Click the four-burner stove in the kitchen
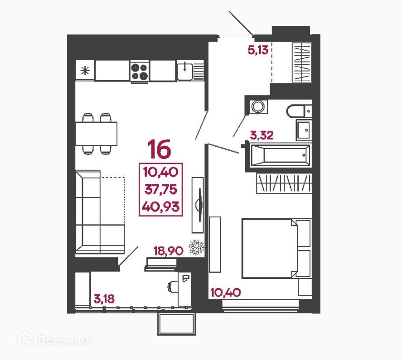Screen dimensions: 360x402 click(x=140, y=71)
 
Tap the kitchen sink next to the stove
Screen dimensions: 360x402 click(x=185, y=70)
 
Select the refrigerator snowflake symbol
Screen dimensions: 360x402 click(x=84, y=70)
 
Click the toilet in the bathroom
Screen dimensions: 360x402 click(x=299, y=110)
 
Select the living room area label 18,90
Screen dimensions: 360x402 click(x=168, y=250)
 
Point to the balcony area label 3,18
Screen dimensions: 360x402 click(x=105, y=298)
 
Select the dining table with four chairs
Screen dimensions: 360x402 click(x=96, y=133)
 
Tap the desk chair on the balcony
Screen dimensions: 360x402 click(x=174, y=286)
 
